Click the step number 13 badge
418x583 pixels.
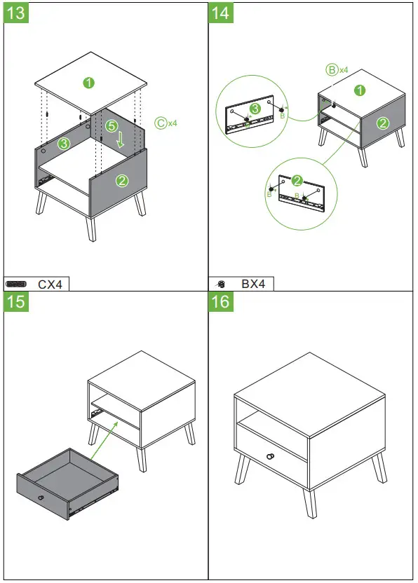[17, 13]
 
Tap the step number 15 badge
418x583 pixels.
[17, 302]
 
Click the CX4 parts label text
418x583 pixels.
[50, 284]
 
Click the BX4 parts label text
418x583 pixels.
[253, 284]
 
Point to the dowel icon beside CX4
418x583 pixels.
[16, 284]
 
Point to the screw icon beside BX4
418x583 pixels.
[220, 284]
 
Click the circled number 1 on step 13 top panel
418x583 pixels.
[88, 83]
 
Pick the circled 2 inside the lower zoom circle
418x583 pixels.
[297, 180]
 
